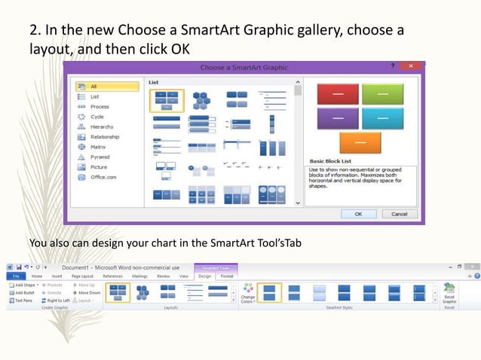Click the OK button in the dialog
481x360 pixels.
(x=358, y=214)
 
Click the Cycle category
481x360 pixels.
(x=97, y=117)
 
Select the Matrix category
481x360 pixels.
(x=98, y=148)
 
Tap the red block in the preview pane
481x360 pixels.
(x=336, y=94)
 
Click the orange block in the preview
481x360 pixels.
(x=360, y=142)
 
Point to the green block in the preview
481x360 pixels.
(x=382, y=94)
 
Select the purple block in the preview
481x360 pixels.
(x=336, y=118)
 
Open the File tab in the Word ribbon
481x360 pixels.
(x=14, y=276)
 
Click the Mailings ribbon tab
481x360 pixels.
(x=139, y=276)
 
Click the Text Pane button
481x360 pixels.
(x=23, y=301)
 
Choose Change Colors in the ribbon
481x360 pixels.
(x=248, y=293)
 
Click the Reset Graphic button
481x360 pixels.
(x=449, y=293)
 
